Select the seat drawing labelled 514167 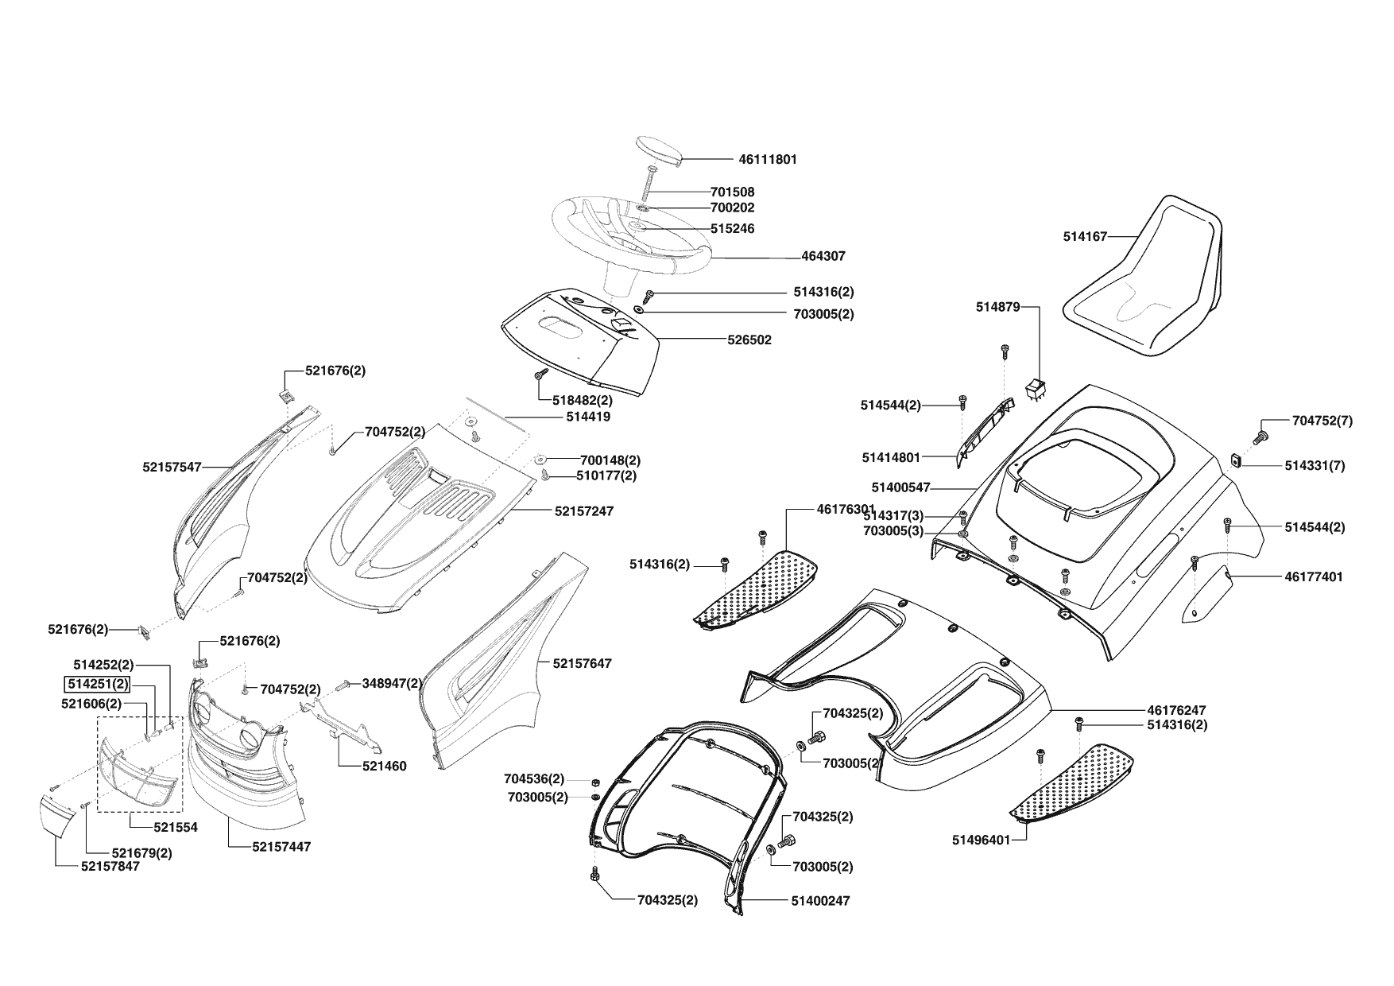(x=1144, y=278)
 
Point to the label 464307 (x=823, y=256)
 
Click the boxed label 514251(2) (x=98, y=684)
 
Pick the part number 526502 (x=749, y=340)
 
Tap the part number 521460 (x=384, y=767)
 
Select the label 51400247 (x=820, y=901)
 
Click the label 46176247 (x=1176, y=709)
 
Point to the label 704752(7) (x=1322, y=421)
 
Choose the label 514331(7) (x=1315, y=466)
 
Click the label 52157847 (x=110, y=866)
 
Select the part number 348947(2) (x=392, y=683)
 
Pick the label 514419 (x=588, y=416)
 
